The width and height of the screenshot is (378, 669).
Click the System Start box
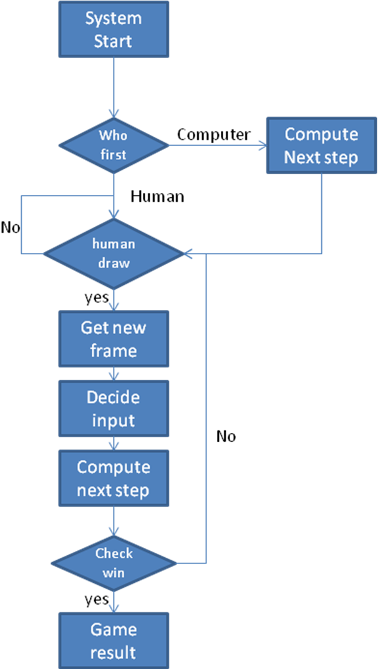(114, 29)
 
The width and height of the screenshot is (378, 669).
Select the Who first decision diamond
(114, 146)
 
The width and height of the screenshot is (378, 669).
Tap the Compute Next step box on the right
(321, 146)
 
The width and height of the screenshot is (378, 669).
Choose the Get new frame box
(114, 339)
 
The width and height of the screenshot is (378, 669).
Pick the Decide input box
(114, 409)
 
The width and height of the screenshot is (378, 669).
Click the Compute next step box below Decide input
(114, 478)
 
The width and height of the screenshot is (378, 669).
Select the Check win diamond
(114, 563)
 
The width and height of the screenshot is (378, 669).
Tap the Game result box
(114, 640)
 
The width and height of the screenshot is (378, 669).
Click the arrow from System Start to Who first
(114, 87)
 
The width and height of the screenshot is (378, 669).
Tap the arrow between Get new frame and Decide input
(114, 374)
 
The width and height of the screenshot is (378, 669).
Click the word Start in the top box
(114, 42)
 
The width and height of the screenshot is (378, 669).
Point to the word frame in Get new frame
(114, 350)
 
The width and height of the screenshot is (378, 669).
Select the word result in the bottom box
(114, 653)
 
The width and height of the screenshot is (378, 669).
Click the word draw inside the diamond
(114, 263)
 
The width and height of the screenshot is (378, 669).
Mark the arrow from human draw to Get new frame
(114, 300)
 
